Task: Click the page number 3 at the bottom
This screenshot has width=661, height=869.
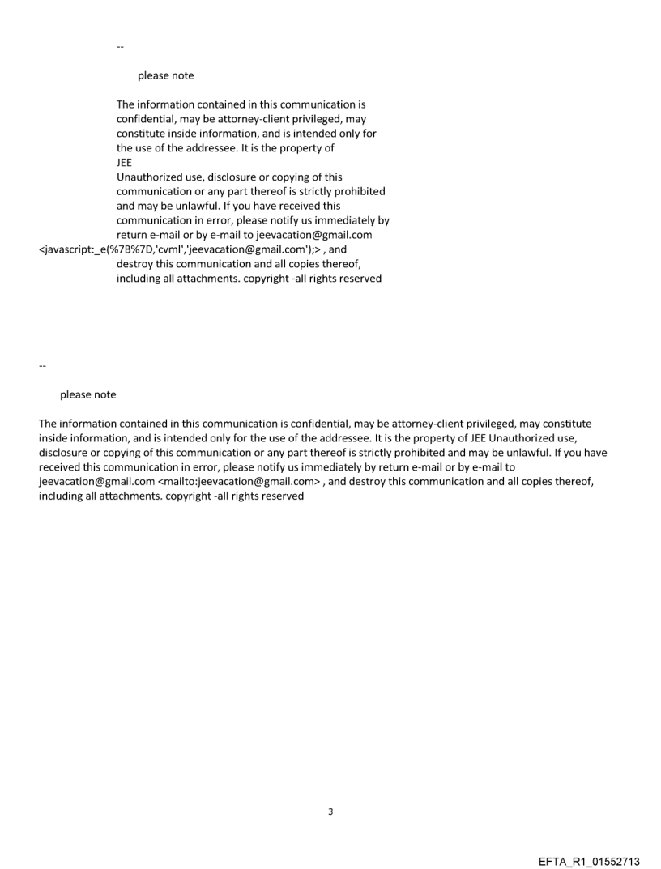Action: coord(330,811)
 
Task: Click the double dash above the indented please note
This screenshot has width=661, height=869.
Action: coord(120,47)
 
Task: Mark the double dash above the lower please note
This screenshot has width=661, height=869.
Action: coord(42,366)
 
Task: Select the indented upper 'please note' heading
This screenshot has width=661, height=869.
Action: coord(165,76)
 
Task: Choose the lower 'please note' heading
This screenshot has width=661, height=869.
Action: coord(87,395)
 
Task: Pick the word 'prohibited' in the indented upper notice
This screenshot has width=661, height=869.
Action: coord(356,192)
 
